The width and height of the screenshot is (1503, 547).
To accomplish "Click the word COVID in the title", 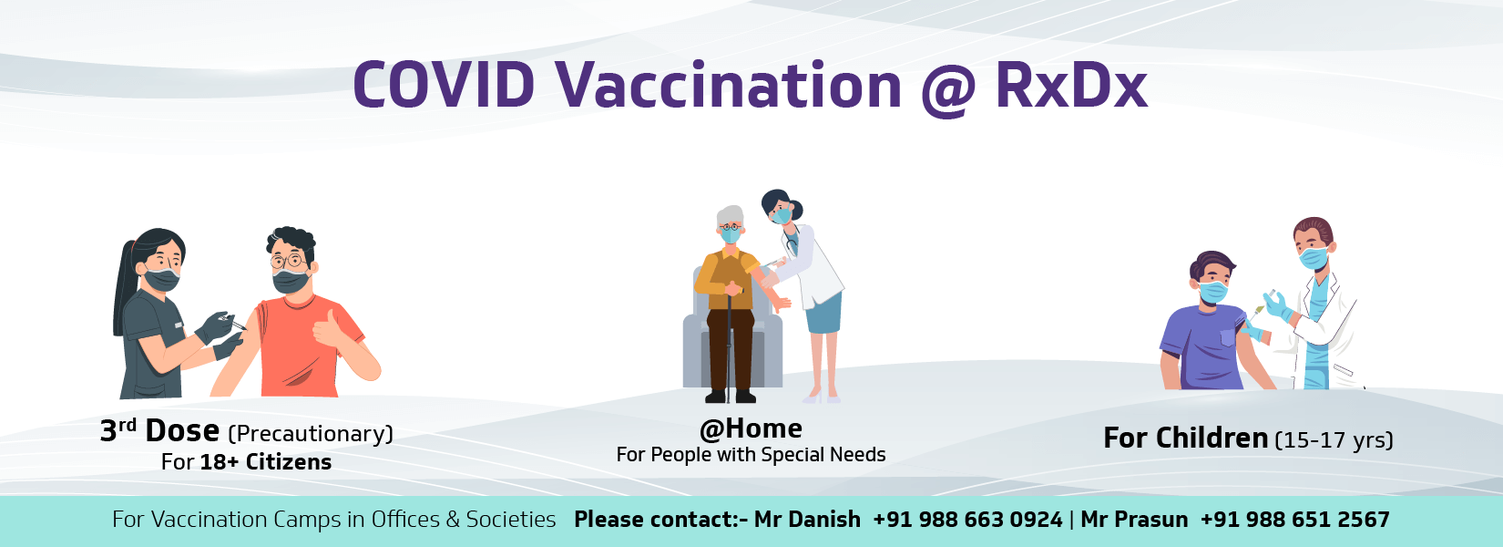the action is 444,85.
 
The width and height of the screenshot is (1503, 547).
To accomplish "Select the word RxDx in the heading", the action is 1071,85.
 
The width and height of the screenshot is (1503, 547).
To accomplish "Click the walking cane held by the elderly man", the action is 729,342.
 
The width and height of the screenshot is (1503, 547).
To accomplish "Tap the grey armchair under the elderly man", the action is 732,335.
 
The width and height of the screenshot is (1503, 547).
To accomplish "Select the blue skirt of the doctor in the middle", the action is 823,313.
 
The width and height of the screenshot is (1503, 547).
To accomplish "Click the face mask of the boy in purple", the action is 1213,292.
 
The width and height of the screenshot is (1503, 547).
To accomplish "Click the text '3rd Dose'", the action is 159,431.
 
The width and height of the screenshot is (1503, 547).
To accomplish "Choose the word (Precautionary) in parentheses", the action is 311,434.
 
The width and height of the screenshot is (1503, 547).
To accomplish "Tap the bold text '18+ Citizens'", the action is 266,462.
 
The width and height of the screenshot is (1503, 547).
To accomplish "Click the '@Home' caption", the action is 751,428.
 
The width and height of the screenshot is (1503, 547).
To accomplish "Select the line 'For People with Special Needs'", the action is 751,454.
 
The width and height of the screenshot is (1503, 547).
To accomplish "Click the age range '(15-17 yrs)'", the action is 1334,439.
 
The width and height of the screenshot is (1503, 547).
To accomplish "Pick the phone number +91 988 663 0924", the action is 967,520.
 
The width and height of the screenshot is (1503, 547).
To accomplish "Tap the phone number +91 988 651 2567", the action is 1295,520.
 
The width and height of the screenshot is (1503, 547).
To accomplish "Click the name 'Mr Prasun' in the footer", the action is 1134,520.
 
